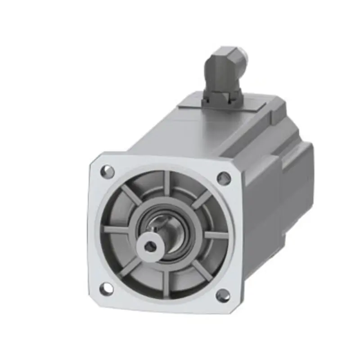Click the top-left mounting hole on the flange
[x=107, y=171]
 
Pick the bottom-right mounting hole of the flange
[x=223, y=295]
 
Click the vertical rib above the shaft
[x=167, y=184]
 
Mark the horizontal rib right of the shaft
[x=215, y=234]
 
